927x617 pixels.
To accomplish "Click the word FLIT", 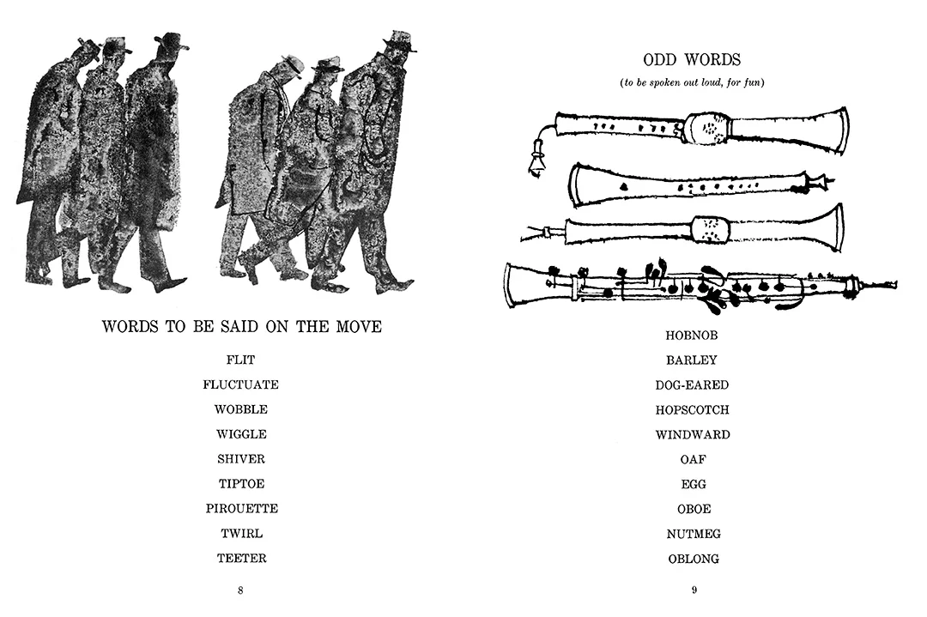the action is pos(240,360).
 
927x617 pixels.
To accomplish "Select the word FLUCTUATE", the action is pos(240,384).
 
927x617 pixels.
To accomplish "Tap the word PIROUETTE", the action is pos(242,508).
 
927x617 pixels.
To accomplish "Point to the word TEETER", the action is pos(242,558).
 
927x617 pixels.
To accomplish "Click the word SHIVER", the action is pos(241,458).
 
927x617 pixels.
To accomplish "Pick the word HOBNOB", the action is pos(692,335).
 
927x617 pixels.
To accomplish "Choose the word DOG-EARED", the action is pos(693,384).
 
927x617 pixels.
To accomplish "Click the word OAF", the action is pos(694,459).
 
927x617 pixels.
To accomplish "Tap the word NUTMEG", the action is pos(694,534).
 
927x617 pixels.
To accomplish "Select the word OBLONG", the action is pos(694,559).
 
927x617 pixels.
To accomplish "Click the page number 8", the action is pos(240,590).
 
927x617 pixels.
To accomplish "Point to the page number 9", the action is pos(694,590).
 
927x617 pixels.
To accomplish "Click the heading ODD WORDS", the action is pos(692,60).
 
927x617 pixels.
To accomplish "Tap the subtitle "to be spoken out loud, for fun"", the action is pos(693,82).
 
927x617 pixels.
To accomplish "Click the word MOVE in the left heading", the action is pos(359,326).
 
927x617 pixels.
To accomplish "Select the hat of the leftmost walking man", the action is pos(87,46).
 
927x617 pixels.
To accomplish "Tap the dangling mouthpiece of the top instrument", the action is pos(536,160).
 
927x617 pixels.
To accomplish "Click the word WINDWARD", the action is pos(693,434).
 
